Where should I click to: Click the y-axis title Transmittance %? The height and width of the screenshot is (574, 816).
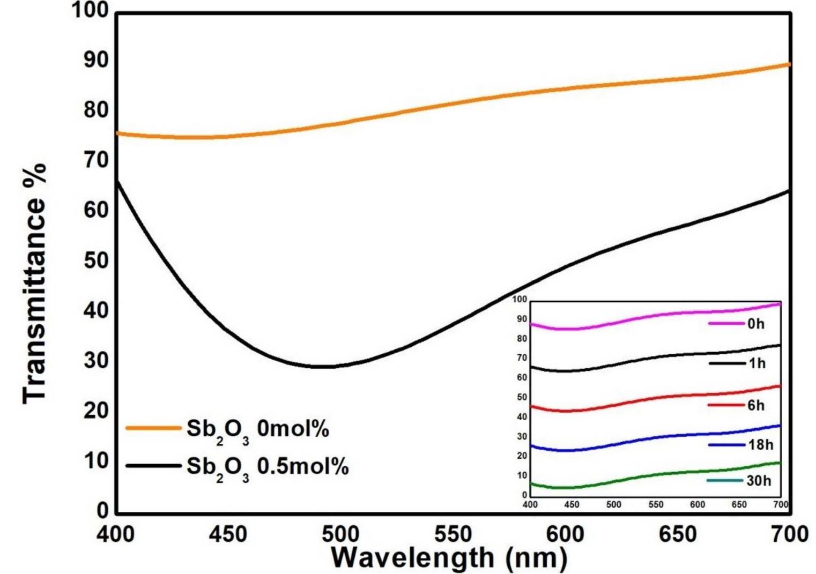35,284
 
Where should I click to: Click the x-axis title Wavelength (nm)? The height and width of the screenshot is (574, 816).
449,557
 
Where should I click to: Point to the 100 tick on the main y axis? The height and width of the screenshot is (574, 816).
90,10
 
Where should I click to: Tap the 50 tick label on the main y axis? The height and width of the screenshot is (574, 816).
97,260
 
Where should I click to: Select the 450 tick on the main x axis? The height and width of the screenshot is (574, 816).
228,534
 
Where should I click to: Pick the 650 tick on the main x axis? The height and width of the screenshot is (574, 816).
678,534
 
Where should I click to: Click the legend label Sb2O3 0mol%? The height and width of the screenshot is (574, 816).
257,430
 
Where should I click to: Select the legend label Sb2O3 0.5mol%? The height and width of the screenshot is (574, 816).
267,467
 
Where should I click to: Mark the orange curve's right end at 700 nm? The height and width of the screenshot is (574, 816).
788,65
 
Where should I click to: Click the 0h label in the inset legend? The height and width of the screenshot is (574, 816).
756,324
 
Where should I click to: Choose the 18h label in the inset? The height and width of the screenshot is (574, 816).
760,445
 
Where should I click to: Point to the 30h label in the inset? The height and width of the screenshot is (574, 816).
759,481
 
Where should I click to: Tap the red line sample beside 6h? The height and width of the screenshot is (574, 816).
726,405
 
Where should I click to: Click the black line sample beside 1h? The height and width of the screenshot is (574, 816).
726,363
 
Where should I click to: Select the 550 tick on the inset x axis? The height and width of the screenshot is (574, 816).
656,504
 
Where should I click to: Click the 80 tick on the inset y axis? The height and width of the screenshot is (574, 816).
522,339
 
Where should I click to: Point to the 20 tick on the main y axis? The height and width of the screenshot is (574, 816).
97,411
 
